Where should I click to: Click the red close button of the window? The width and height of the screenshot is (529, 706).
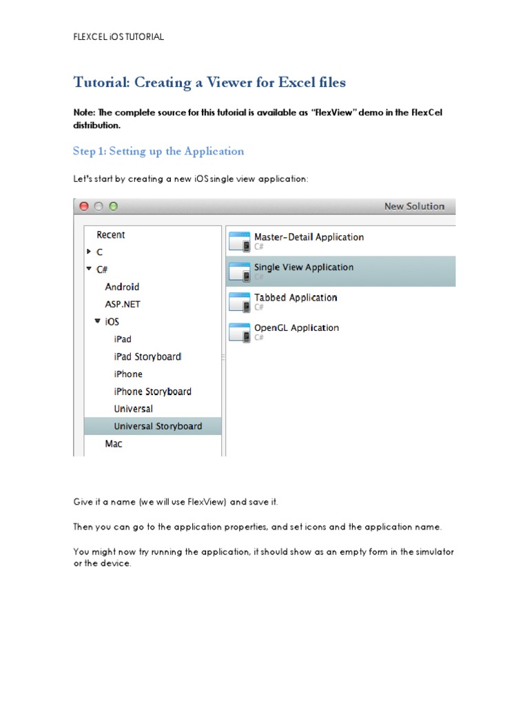(84, 206)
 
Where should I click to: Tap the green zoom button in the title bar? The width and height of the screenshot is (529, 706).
(114, 206)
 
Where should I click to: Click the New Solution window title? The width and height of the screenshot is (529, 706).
(414, 206)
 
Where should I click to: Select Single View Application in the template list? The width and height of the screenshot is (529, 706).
(304, 268)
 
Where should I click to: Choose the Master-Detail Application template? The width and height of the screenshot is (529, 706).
(309, 237)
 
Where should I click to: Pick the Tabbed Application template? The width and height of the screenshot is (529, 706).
(295, 298)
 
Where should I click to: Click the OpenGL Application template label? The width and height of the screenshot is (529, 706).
(296, 328)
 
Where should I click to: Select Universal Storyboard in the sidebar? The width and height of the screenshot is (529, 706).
(158, 426)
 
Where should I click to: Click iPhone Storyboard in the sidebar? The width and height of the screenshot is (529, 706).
(152, 392)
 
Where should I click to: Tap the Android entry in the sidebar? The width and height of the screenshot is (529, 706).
(122, 287)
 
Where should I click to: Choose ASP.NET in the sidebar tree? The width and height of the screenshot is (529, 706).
(123, 304)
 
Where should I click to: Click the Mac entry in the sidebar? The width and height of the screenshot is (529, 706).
(114, 444)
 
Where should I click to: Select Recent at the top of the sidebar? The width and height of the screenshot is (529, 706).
(110, 235)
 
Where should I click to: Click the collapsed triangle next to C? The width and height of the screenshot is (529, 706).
(89, 252)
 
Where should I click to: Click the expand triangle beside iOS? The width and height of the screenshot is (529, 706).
(98, 321)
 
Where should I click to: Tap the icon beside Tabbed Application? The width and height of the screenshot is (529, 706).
(240, 302)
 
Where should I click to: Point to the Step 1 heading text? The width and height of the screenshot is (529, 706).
(158, 151)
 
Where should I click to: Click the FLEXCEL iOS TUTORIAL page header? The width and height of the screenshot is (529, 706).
(118, 37)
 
